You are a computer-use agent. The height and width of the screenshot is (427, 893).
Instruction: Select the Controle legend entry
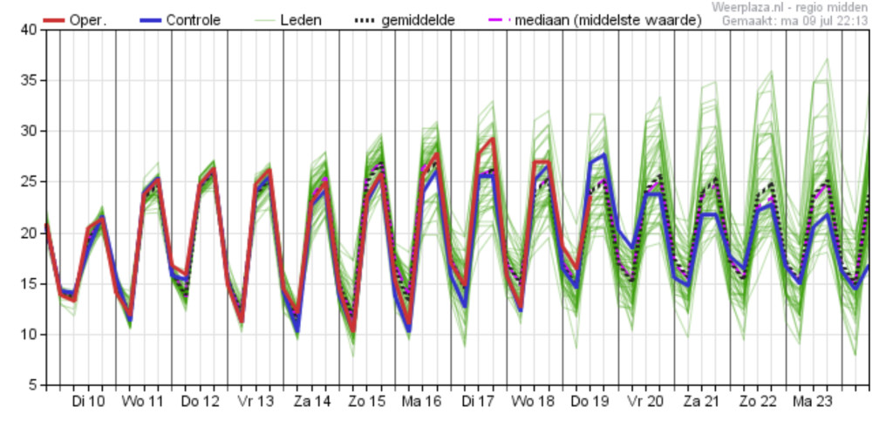[x=180, y=21]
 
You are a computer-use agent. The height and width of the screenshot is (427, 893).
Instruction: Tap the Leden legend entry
[x=287, y=21]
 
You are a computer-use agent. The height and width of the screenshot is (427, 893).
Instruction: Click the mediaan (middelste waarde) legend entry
[x=595, y=21]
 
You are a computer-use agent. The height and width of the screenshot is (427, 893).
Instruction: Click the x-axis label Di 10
[x=88, y=402]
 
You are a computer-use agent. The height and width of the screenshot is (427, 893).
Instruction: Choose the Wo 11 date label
[x=142, y=402]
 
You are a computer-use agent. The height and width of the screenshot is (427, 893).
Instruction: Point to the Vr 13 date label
[x=256, y=402]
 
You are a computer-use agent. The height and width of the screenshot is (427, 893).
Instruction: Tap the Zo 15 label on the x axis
[x=367, y=402]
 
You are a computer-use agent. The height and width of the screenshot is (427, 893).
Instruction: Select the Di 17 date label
[x=478, y=402]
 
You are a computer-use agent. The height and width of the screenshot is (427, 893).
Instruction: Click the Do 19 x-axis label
[x=590, y=402]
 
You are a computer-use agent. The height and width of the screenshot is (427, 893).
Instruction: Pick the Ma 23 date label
[x=814, y=402]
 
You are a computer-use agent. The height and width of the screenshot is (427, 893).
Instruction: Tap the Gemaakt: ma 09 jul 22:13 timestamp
[x=795, y=21]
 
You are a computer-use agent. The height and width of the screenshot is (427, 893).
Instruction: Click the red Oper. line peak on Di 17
[x=492, y=139]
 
